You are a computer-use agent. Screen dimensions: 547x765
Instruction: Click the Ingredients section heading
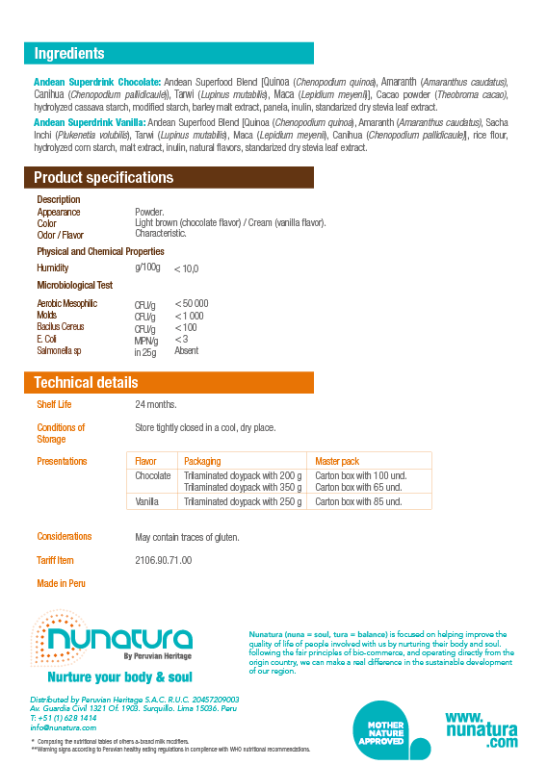[69, 54]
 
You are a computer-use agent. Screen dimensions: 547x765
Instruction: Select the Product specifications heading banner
[103, 178]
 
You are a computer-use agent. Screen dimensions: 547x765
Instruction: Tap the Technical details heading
[86, 382]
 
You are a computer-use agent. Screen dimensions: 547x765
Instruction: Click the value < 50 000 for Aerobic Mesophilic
[192, 304]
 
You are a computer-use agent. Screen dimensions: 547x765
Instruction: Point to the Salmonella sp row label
[60, 351]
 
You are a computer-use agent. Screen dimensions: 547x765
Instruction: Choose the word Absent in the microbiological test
[186, 351]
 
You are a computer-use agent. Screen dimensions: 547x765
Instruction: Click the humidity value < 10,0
[186, 268]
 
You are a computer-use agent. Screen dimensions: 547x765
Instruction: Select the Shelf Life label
[54, 404]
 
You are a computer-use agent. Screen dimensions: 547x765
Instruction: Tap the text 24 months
[155, 404]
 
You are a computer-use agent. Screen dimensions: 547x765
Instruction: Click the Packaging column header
[202, 461]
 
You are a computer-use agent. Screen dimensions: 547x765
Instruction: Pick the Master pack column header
[337, 461]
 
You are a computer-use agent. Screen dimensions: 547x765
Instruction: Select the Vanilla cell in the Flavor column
[146, 501]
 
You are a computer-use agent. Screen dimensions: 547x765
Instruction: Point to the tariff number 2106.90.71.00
[163, 560]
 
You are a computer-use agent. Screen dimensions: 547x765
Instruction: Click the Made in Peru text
[61, 583]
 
